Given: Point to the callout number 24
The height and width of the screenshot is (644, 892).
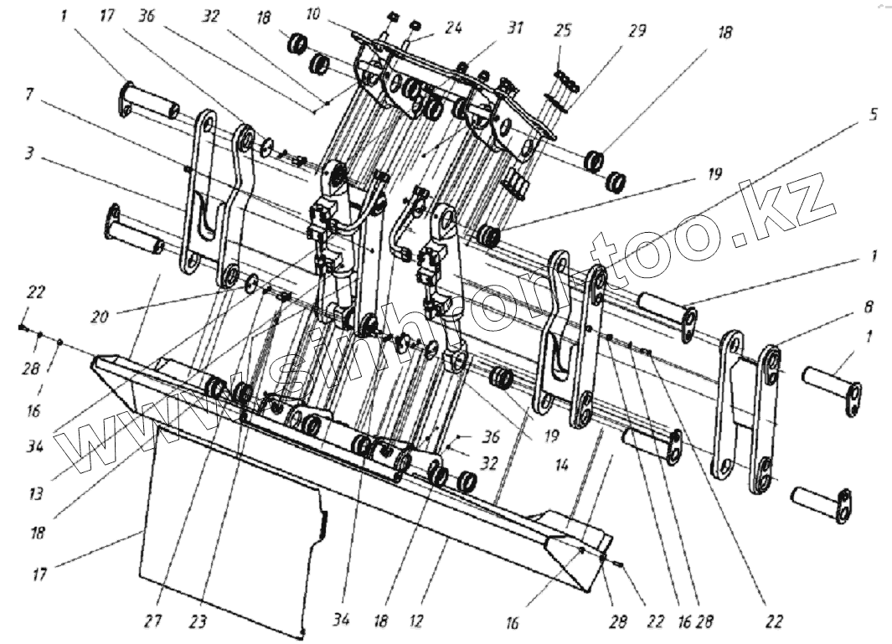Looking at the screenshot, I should point(453,28).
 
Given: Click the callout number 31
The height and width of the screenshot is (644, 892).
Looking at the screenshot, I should point(514,28).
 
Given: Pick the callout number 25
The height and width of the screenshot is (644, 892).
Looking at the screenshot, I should point(563,32).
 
